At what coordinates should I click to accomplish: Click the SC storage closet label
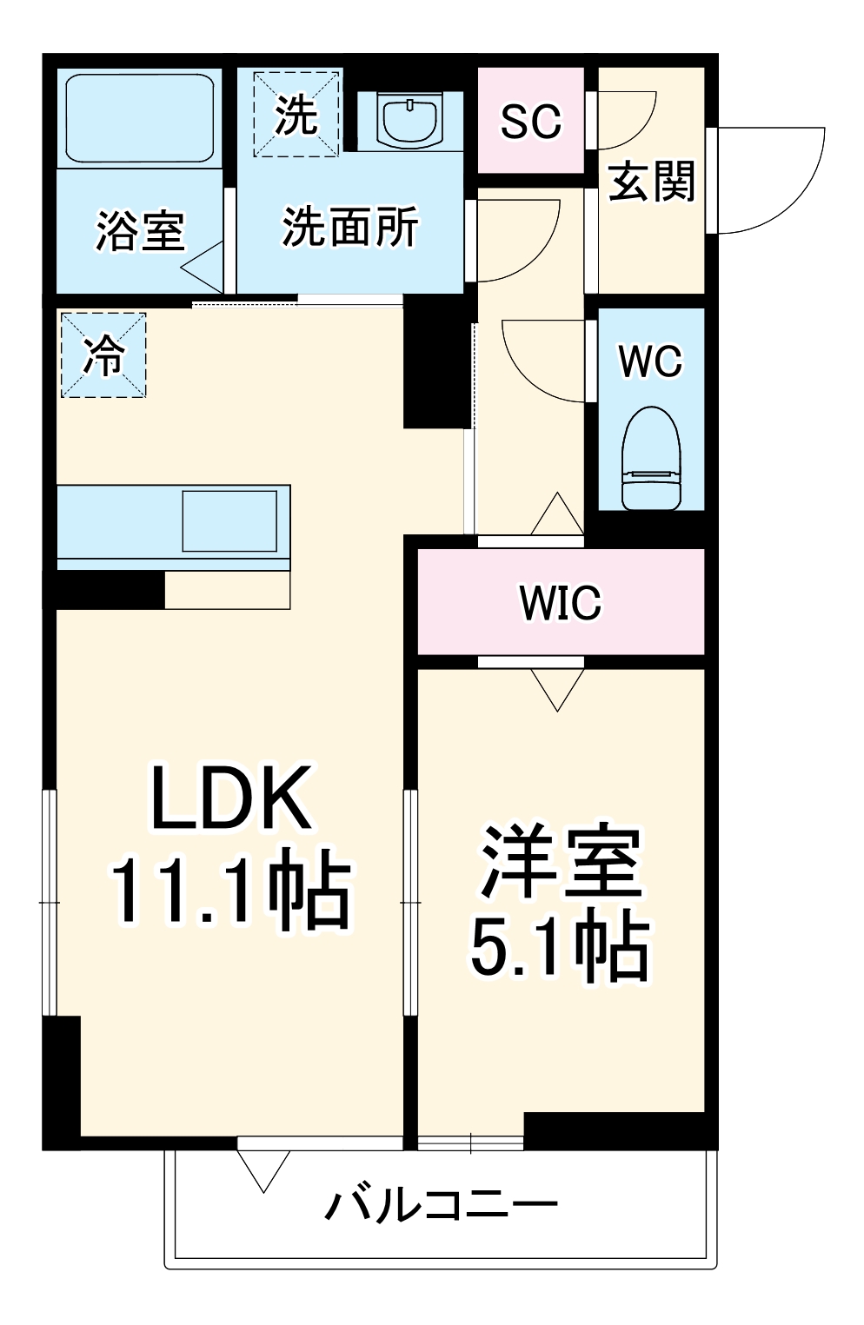pyautogui.click(x=530, y=122)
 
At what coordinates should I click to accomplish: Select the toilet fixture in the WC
pyautogui.click(x=650, y=459)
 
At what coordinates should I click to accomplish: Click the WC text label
pyautogui.click(x=650, y=361)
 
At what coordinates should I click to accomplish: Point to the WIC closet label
pyautogui.click(x=560, y=602)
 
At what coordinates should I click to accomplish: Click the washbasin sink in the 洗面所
pyautogui.click(x=409, y=120)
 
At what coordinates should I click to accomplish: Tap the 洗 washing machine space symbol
pyautogui.click(x=296, y=114)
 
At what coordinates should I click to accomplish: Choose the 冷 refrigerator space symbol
pyautogui.click(x=103, y=354)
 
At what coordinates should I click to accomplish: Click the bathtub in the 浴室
pyautogui.click(x=138, y=117)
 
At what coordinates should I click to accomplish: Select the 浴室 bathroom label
pyautogui.click(x=139, y=231)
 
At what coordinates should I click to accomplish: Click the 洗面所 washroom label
pyautogui.click(x=349, y=227)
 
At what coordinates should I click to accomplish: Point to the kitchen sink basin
pyautogui.click(x=229, y=520)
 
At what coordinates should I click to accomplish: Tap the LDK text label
pyautogui.click(x=231, y=798)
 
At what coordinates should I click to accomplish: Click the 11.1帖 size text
pyautogui.click(x=229, y=892)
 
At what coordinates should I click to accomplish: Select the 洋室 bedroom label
pyautogui.click(x=561, y=862)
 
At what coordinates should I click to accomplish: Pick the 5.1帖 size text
pyautogui.click(x=560, y=946)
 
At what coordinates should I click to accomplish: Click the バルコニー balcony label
pyautogui.click(x=441, y=1205)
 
